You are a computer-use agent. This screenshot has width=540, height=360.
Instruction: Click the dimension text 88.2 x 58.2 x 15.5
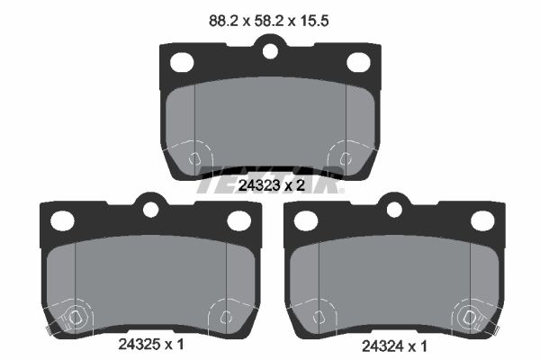[x=268, y=21]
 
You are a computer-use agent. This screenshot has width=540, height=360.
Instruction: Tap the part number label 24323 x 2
[x=272, y=185]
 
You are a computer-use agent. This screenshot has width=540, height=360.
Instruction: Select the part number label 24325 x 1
[x=151, y=344]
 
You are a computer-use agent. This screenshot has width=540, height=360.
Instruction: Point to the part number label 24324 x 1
[x=394, y=346]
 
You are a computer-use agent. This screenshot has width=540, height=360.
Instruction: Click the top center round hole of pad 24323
[x=270, y=51]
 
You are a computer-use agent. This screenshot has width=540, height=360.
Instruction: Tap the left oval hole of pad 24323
[x=182, y=62]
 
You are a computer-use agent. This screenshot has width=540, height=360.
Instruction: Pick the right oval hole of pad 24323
[x=358, y=62]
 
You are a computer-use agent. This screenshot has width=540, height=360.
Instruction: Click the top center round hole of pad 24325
[x=150, y=210]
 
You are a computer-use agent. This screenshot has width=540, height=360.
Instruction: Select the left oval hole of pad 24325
[x=62, y=220]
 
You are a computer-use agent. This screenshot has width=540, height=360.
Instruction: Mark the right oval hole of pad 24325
[x=238, y=220]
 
